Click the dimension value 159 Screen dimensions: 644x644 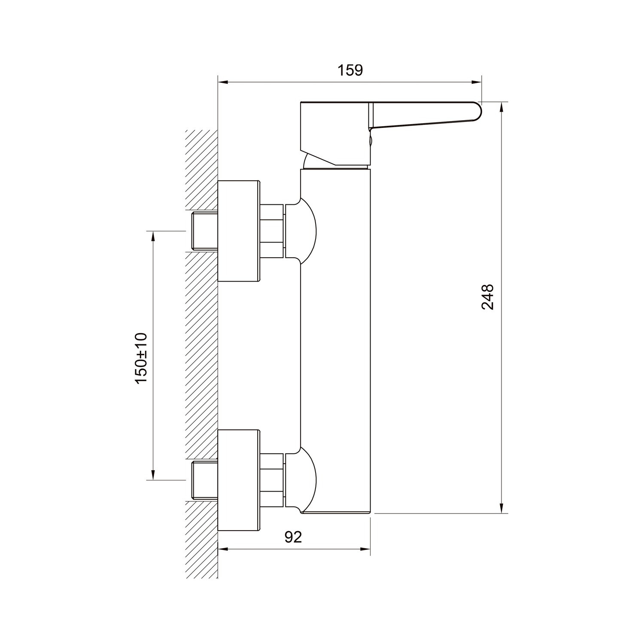click(x=349, y=70)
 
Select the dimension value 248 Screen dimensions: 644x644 click(x=488, y=297)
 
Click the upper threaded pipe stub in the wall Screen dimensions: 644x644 click(x=205, y=231)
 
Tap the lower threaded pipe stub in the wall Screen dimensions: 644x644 click(x=205, y=480)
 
